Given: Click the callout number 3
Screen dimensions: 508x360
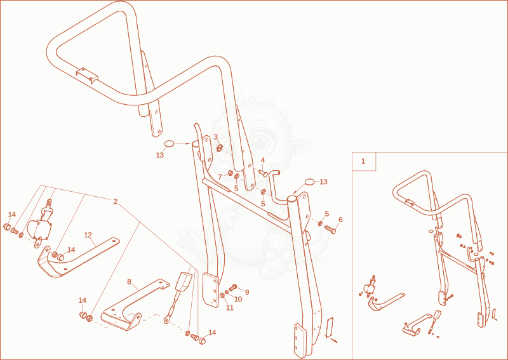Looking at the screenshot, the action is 216,137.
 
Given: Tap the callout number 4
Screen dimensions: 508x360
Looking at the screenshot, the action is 263,160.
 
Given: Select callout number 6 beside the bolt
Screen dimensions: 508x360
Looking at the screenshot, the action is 340,220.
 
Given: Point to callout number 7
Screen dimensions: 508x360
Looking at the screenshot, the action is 220,177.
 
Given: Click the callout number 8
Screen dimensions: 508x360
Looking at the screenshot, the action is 130,281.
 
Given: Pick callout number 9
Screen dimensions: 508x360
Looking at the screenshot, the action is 247,292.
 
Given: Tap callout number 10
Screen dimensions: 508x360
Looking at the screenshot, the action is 238,299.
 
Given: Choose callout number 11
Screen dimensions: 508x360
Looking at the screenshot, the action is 230,308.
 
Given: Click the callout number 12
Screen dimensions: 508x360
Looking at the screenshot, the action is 88,235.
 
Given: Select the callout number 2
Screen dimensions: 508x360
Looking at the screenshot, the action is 116,201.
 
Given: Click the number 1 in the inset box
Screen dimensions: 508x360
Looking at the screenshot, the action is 363,161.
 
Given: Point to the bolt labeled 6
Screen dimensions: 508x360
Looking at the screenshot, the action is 330,229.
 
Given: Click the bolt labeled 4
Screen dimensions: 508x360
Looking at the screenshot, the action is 263,174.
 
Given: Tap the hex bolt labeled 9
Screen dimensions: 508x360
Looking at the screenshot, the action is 233,287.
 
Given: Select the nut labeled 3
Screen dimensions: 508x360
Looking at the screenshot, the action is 219,149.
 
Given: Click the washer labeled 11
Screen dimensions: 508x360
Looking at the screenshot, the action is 223,296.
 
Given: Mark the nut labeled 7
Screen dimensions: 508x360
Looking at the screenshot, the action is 231,173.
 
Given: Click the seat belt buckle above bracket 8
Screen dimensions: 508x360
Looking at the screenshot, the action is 184,281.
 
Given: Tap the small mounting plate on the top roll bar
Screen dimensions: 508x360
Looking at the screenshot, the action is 87,76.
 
